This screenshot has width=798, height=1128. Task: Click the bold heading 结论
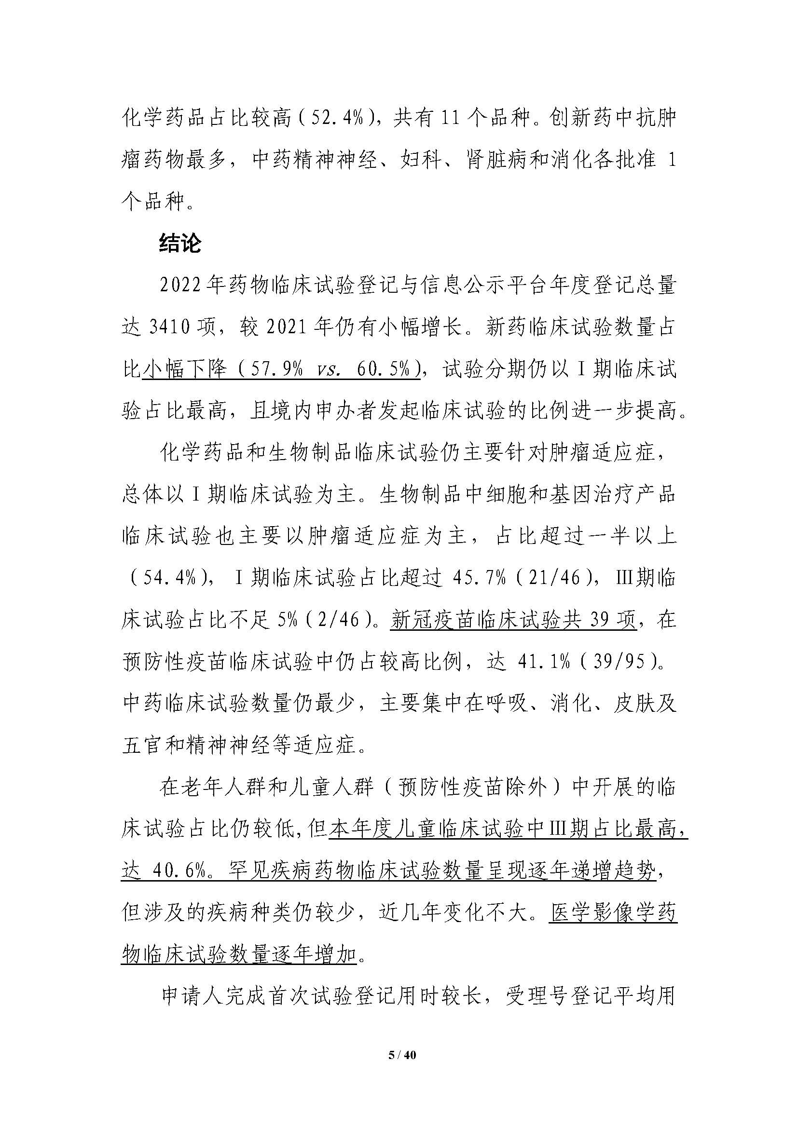click(x=180, y=244)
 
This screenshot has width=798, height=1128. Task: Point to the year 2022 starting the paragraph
click(x=179, y=286)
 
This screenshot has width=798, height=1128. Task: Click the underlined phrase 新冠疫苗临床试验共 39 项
click(x=513, y=621)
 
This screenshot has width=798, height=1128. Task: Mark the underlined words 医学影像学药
click(x=613, y=914)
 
